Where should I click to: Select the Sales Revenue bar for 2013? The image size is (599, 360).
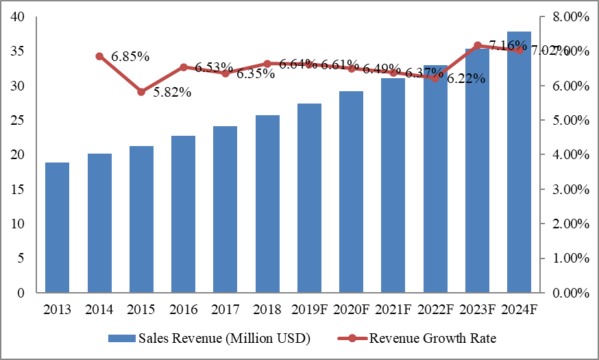(58, 228)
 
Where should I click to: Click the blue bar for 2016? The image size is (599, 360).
(183, 214)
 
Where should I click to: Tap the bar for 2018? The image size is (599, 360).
(267, 204)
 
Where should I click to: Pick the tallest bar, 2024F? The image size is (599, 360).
(519, 162)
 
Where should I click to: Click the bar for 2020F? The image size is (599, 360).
(351, 192)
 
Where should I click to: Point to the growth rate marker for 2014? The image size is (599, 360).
(99, 56)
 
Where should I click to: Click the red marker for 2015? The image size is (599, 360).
(141, 92)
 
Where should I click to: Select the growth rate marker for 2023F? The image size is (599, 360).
(478, 45)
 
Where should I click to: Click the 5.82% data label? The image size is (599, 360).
(171, 93)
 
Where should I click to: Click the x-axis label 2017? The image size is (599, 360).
(225, 309)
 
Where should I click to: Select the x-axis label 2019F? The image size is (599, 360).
(309, 309)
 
